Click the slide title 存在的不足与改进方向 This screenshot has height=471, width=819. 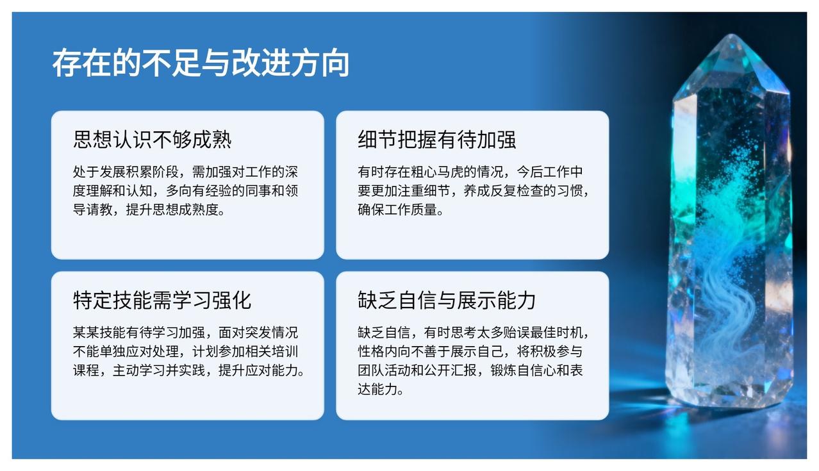click(x=201, y=63)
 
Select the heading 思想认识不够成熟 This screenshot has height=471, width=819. click(x=152, y=139)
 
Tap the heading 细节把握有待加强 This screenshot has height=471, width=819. click(x=437, y=139)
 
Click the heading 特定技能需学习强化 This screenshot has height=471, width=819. click(x=162, y=301)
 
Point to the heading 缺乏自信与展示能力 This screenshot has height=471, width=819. click(x=447, y=301)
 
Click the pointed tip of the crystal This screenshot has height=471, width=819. click(x=732, y=35)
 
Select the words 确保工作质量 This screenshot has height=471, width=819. click(x=397, y=210)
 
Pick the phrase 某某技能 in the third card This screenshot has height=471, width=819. click(x=99, y=333)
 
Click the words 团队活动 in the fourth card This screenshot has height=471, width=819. click(x=384, y=370)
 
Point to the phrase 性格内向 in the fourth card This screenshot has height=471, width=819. click(x=384, y=351)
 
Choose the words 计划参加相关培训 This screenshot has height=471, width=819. click(x=245, y=351)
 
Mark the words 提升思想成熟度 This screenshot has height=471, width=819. click(x=172, y=210)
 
